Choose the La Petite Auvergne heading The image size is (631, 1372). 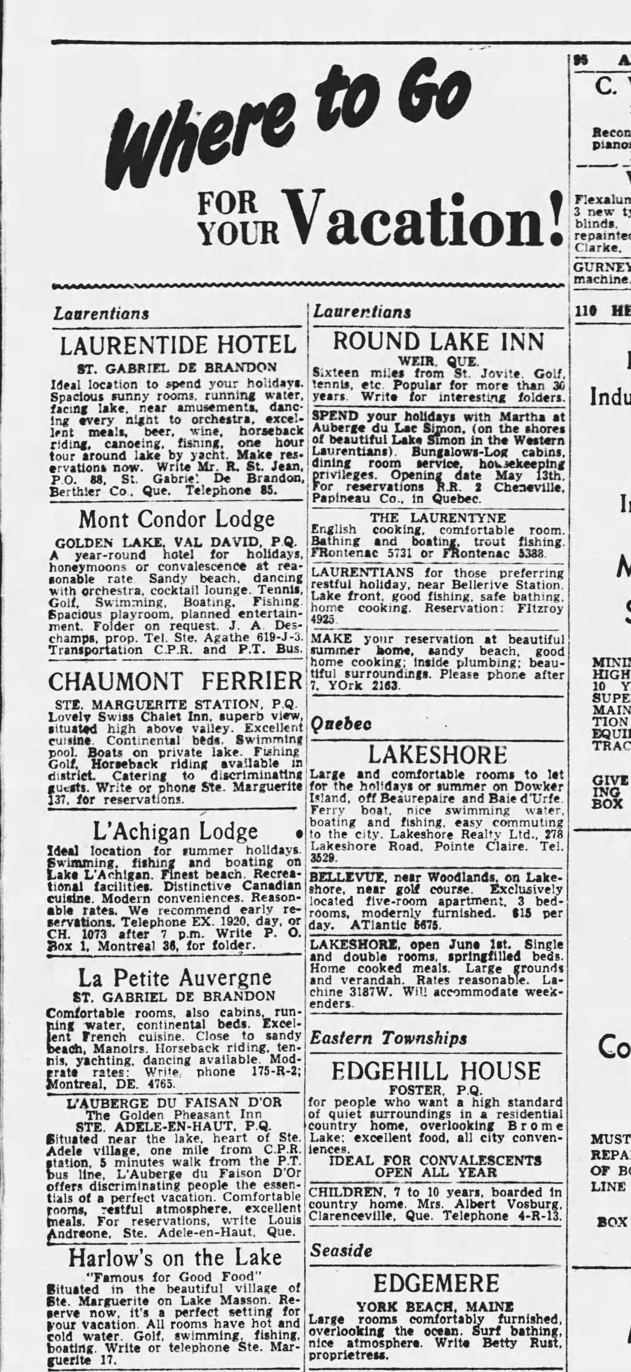(x=175, y=978)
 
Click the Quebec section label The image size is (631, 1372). (x=334, y=724)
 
